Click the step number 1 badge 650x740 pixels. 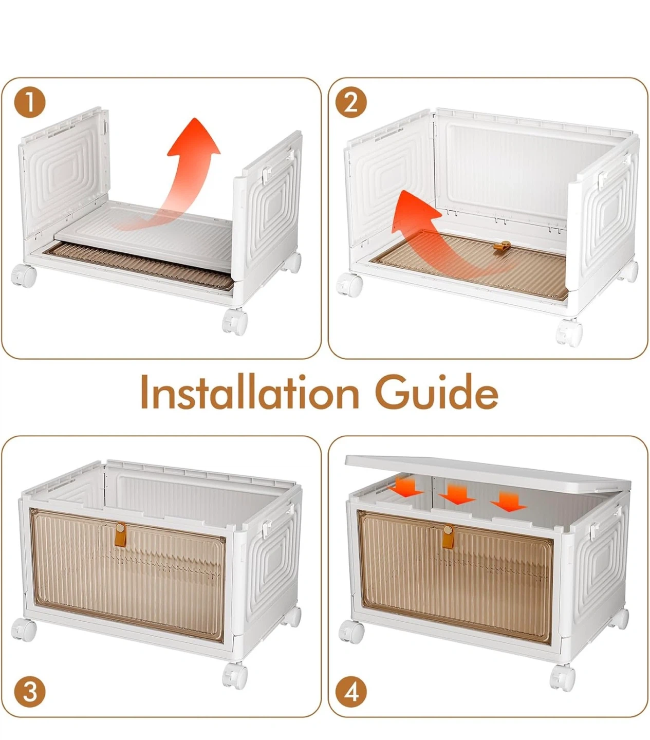30,102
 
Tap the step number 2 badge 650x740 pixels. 351,102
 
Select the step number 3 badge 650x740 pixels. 30,692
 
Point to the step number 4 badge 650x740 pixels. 351,692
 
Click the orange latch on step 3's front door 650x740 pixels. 121,534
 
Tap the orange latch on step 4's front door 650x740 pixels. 448,536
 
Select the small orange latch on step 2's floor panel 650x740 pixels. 502,247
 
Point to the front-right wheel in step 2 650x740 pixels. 569,333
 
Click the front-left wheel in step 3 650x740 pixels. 24,630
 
